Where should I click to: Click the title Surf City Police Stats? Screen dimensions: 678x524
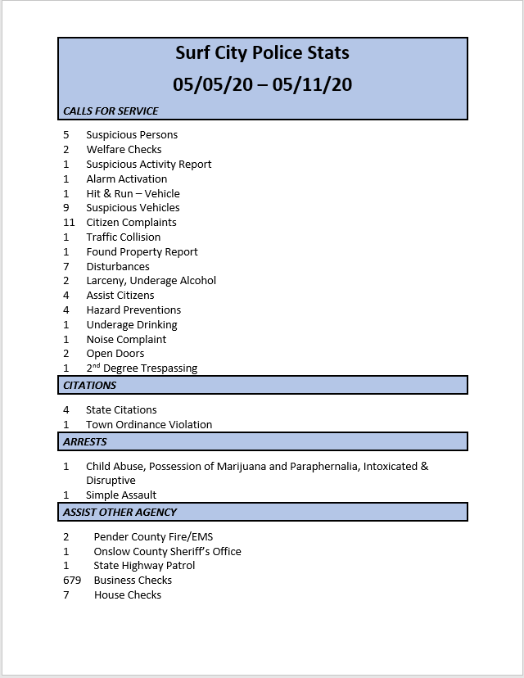click(x=262, y=53)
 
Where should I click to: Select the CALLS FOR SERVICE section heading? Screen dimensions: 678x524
click(x=111, y=111)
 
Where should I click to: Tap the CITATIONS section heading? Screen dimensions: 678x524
click(x=90, y=385)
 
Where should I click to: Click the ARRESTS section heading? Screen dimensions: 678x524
click(x=85, y=441)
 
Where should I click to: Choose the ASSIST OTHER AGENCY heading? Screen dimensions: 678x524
click(x=120, y=512)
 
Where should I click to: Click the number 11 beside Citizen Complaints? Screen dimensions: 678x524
click(x=68, y=223)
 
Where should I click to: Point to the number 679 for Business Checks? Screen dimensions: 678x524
click(x=72, y=581)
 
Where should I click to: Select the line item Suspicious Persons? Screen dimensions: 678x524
click(x=132, y=135)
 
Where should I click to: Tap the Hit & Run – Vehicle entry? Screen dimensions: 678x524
click(x=133, y=194)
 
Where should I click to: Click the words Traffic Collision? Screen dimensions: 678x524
click(x=124, y=237)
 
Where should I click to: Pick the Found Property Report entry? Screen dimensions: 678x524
click(x=142, y=252)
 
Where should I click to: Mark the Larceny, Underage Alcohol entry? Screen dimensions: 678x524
click(x=151, y=281)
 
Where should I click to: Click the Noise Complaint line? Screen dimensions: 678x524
click(x=126, y=340)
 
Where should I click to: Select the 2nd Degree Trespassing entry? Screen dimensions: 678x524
click(x=142, y=368)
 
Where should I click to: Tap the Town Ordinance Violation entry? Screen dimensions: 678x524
click(x=149, y=425)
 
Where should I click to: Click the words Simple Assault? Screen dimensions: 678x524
click(x=121, y=495)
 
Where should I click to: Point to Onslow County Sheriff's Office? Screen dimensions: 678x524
click(x=167, y=552)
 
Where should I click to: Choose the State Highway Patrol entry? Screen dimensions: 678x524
click(x=144, y=566)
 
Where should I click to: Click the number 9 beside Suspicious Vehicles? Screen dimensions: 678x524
click(x=65, y=208)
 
